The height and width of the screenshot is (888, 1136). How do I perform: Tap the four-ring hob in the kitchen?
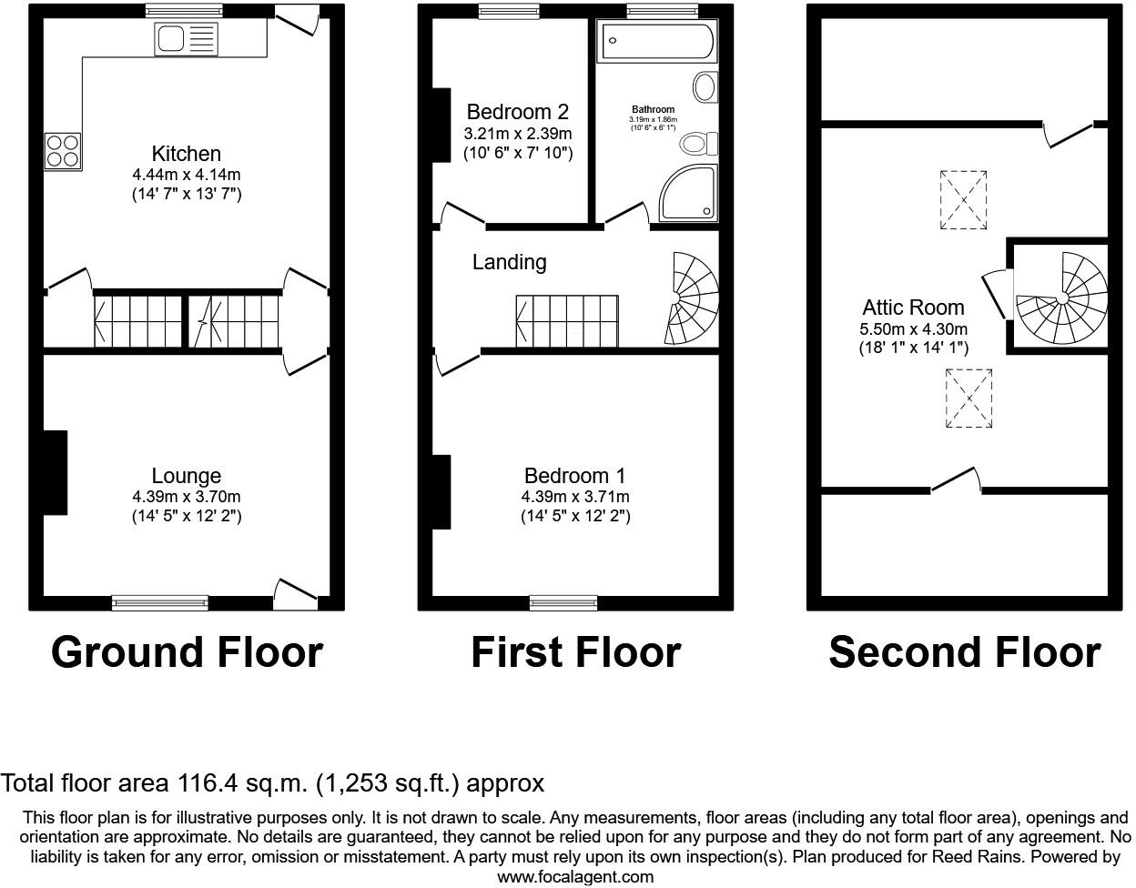[62, 151]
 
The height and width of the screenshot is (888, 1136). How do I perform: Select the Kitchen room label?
[186, 154]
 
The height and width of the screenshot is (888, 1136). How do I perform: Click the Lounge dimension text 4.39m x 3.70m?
[186, 497]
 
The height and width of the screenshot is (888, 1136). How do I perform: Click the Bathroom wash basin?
[705, 88]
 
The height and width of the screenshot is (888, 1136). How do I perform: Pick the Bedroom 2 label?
[517, 112]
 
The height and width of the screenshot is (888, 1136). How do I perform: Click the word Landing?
[509, 262]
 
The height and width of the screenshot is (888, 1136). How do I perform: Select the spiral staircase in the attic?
[1062, 298]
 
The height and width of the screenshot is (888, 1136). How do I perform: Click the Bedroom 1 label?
[574, 476]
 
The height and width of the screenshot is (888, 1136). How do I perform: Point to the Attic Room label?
[913, 308]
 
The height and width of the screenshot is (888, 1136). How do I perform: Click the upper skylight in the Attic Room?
[963, 198]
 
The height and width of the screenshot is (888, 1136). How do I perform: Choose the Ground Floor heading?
[187, 652]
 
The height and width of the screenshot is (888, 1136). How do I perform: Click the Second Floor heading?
[964, 652]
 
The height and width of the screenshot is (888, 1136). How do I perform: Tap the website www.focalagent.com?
[575, 877]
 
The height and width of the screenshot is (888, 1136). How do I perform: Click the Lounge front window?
[160, 601]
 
